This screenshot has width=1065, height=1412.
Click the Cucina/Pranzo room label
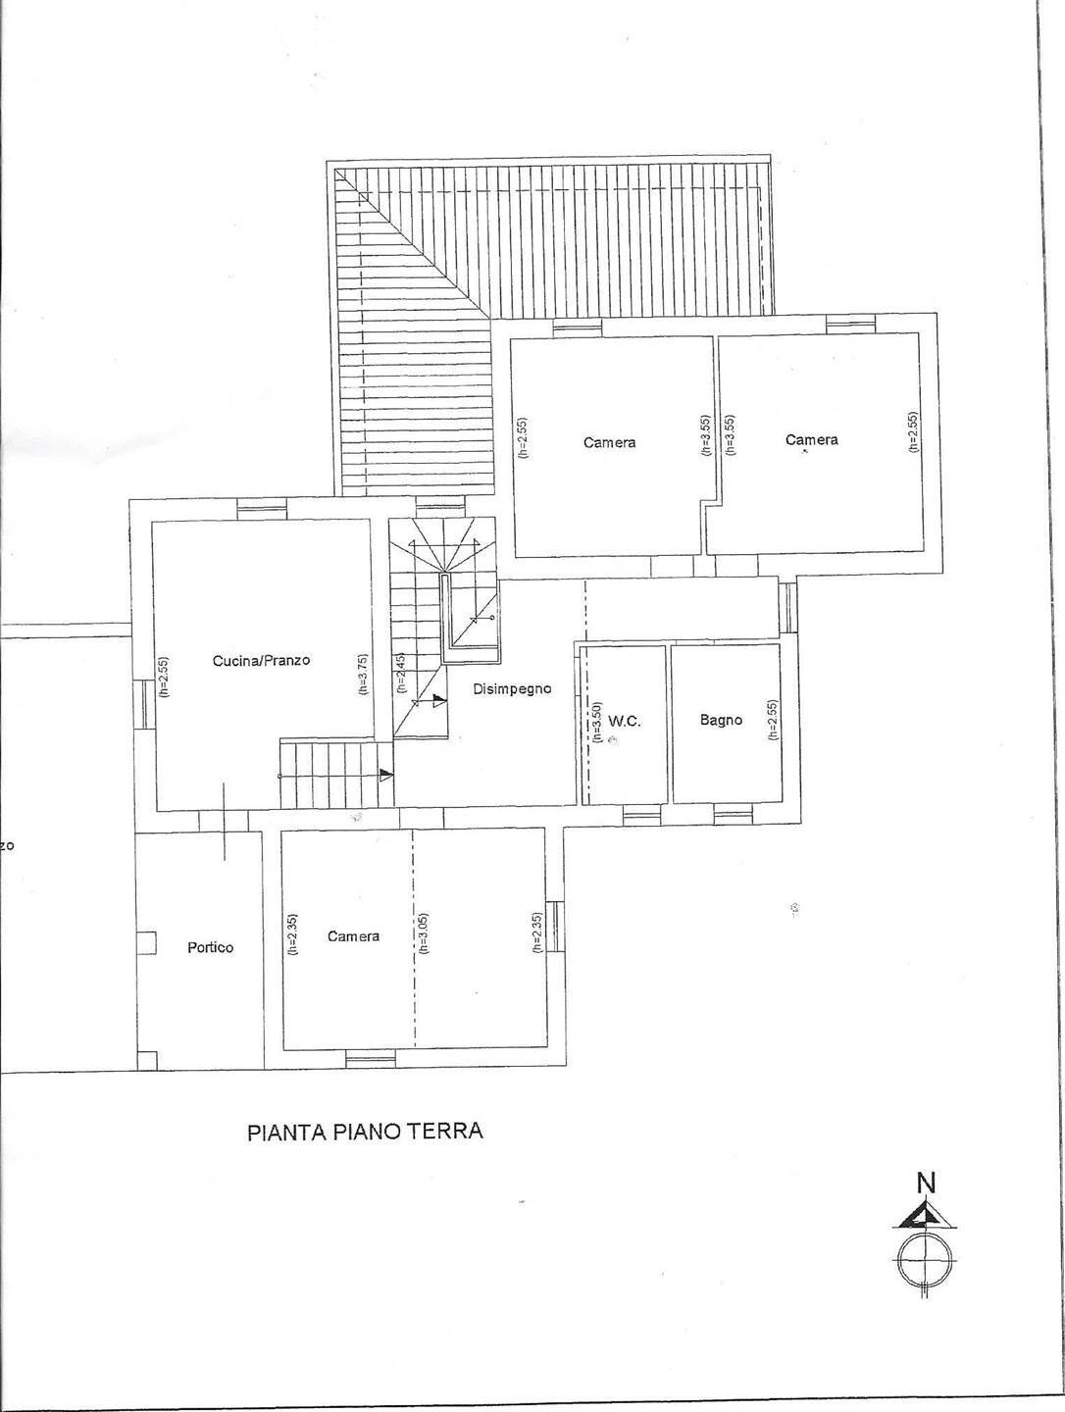pos(261,661)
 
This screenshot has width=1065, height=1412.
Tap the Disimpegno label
pos(512,689)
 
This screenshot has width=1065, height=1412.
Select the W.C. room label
pos(625,721)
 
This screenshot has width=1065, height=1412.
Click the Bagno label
pos(721,720)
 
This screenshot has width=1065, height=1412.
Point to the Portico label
pos(211,947)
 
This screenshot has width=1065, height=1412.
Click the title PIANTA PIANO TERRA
pos(364,1132)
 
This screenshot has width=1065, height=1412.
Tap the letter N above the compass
pos(925,1184)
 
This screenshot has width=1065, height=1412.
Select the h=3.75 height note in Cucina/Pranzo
pos(363,675)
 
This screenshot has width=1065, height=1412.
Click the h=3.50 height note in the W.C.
pos(595,719)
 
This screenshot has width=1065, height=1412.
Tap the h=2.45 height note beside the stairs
pos(400,675)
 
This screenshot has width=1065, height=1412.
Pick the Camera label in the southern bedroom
pos(353,936)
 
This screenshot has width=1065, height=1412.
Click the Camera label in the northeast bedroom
pos(812,440)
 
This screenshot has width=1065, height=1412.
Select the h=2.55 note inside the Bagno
pos(773,720)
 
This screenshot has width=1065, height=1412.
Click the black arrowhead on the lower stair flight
pos(386,775)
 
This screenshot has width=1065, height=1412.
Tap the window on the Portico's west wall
pos(146,942)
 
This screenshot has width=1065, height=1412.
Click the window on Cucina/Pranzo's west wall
pos(141,704)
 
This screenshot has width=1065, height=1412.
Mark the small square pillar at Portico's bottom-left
pos(146,1060)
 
